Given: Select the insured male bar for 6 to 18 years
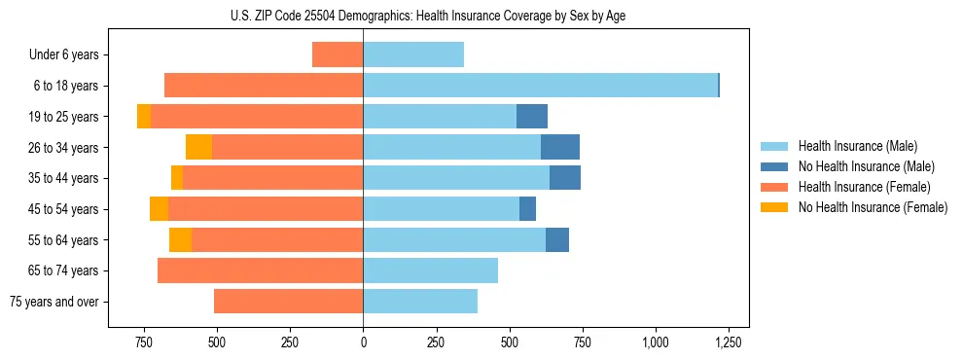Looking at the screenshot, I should point(540,86).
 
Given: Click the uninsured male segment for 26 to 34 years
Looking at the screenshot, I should point(560,147).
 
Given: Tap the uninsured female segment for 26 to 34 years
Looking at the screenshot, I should point(198,147).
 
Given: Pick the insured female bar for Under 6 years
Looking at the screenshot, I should point(338,55).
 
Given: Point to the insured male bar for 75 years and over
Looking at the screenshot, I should point(420,302).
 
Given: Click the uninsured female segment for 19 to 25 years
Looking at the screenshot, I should point(144,116).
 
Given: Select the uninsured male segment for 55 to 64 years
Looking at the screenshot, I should point(557,239).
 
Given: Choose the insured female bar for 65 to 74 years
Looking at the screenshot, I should point(260,270).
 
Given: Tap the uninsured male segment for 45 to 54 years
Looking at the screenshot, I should point(527,209).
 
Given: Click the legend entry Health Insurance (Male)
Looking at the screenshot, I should point(857,146).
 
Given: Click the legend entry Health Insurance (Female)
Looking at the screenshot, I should point(864,187).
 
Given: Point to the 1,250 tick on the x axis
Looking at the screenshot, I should point(729,342).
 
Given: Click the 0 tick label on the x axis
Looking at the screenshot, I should point(363,342).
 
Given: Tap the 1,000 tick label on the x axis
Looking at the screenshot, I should point(656,342).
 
